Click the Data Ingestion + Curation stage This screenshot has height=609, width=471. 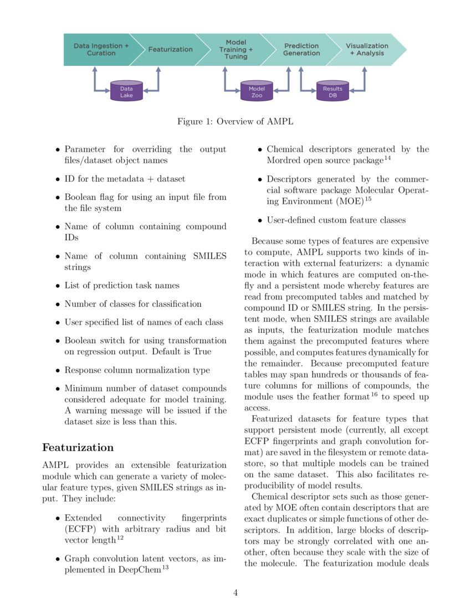pos(100,50)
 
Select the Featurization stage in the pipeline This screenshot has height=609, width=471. pos(170,49)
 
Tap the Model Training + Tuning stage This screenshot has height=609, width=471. pos(235,49)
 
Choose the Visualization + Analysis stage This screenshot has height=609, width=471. pos(367,50)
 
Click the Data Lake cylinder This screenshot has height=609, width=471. pos(126,92)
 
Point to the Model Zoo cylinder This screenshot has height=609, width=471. pos(257,92)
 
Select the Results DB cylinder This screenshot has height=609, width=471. pos(332,92)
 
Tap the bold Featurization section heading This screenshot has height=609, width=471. pos(78,447)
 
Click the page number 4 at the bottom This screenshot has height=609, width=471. pos(235,592)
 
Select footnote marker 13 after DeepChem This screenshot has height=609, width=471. pos(166,564)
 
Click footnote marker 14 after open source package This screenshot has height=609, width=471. pos(387,158)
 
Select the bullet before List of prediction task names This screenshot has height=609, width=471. pos(58,286)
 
